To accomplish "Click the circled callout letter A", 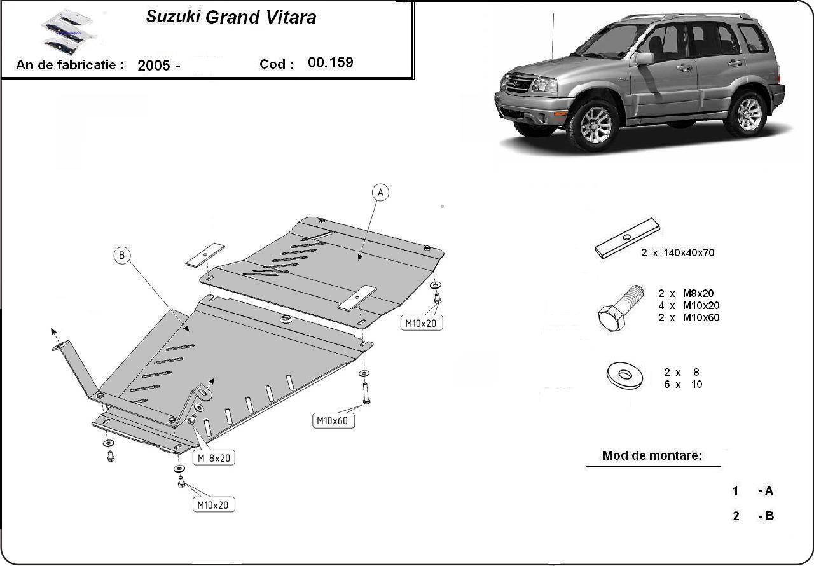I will pos(380,192).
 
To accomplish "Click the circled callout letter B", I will pos(122,256).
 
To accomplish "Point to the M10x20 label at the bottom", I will pos(214,505).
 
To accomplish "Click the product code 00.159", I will pos(330,62).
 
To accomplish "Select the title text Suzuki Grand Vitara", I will pos(231,17).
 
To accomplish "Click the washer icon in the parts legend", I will pos(624,376).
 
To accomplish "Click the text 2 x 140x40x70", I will pos(677,252).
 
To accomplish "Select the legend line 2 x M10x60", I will pos(689,317).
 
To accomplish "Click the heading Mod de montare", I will pos(652,455).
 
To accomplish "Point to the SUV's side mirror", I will pos(645,59).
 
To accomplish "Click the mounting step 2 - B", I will pos(753,516).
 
